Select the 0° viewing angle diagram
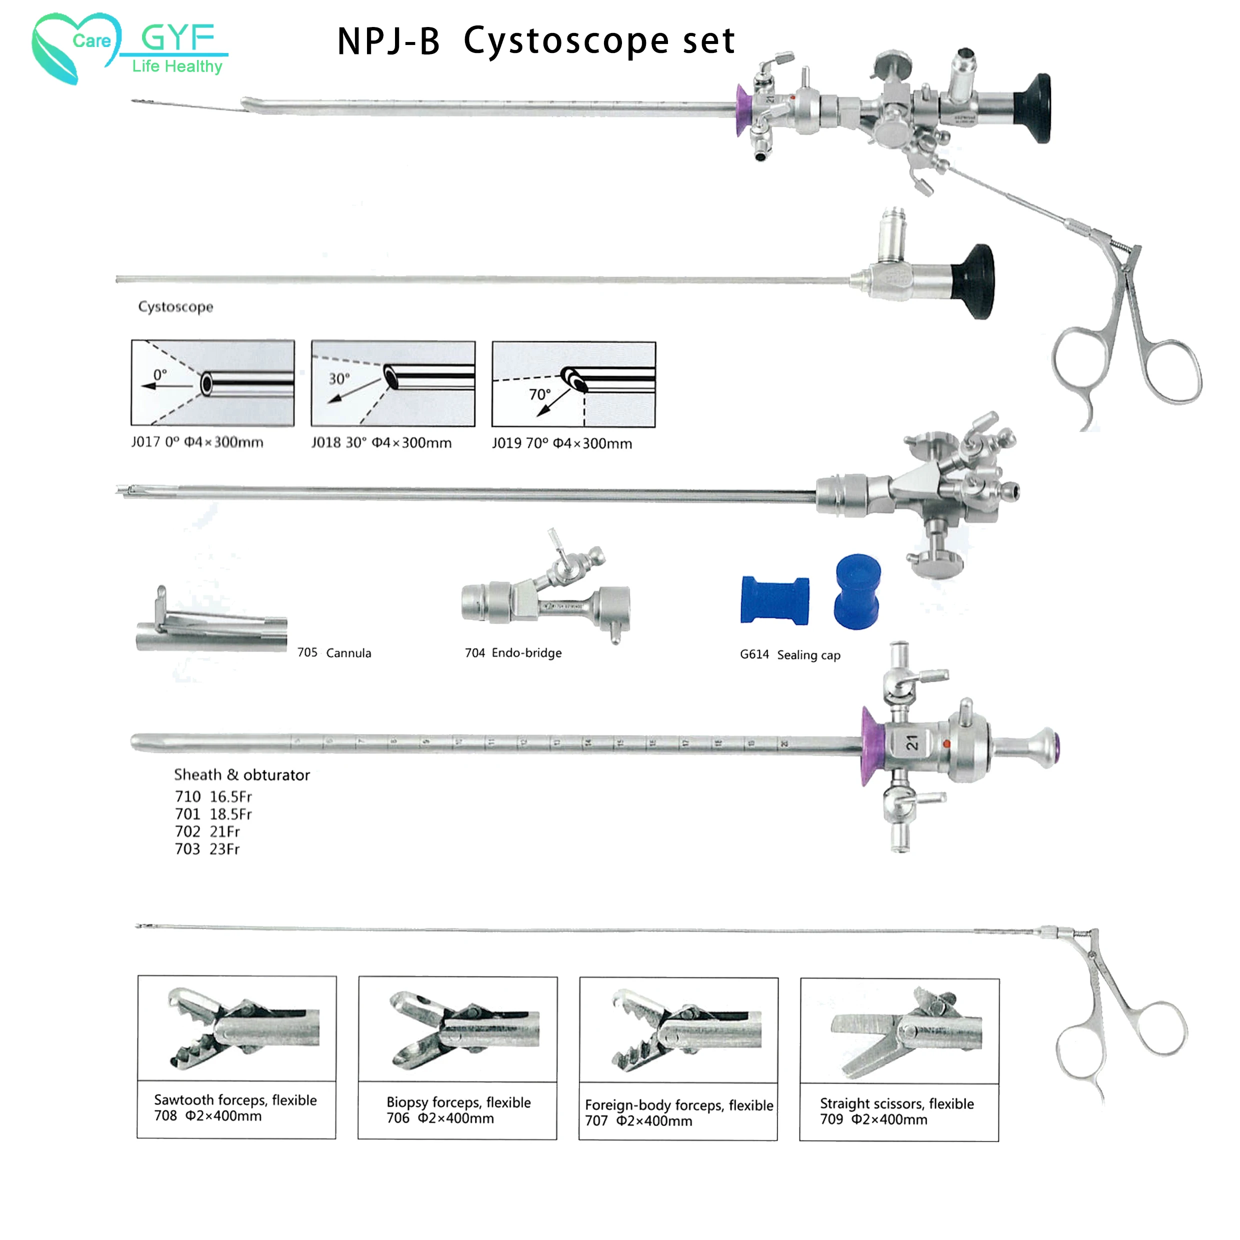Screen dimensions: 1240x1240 tap(212, 383)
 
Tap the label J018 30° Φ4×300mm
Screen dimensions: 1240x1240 tap(381, 443)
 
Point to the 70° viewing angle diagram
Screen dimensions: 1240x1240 tap(573, 384)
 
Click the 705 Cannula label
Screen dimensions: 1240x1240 tap(333, 652)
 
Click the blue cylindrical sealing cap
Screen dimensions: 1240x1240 tap(857, 592)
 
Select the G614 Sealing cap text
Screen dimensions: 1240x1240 tap(789, 654)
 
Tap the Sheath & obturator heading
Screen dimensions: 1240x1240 tap(241, 774)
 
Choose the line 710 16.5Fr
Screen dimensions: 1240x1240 tap(213, 796)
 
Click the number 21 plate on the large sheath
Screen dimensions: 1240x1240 tap(912, 742)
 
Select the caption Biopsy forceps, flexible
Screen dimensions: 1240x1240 tap(458, 1102)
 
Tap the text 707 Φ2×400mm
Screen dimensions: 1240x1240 tap(638, 1120)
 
